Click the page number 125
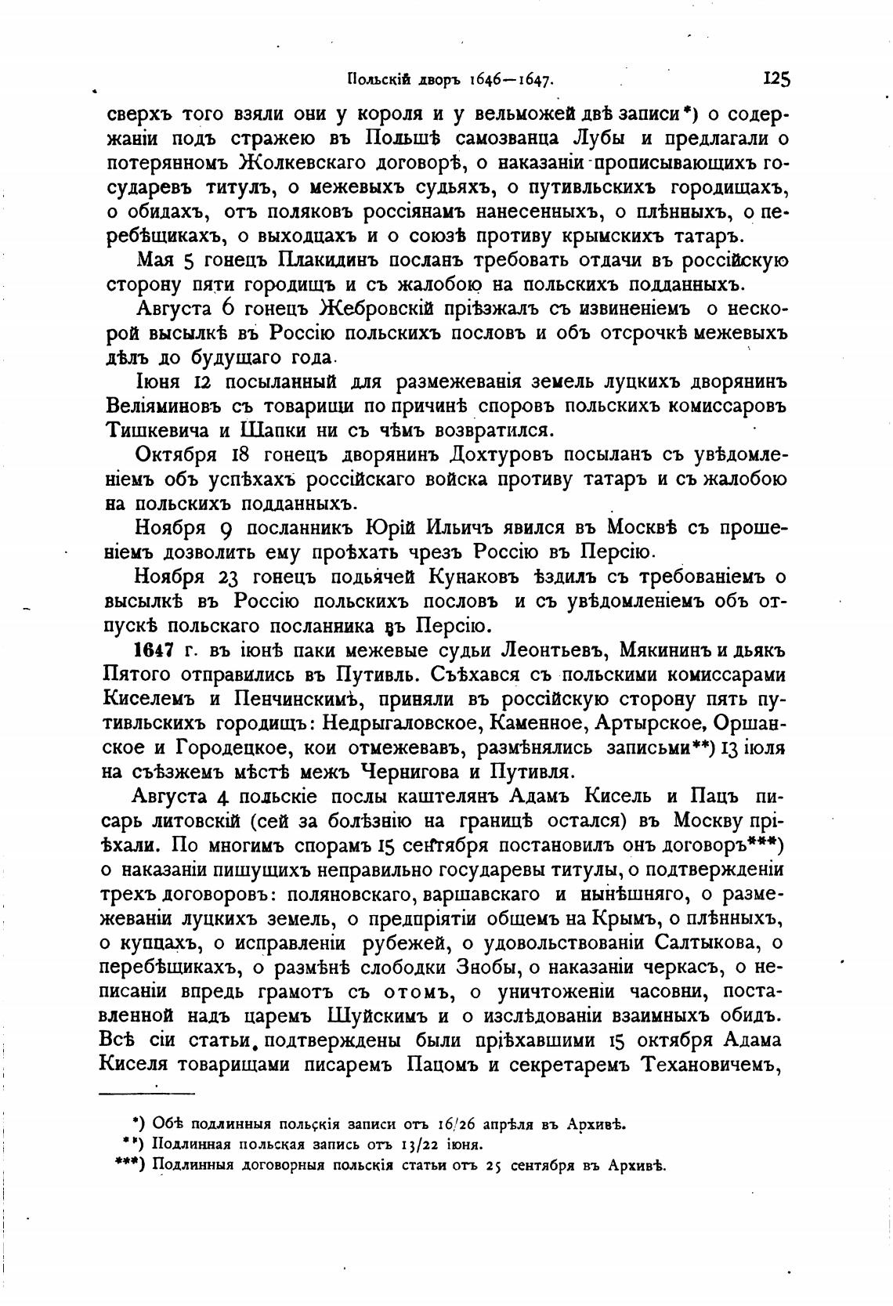click(x=775, y=78)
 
